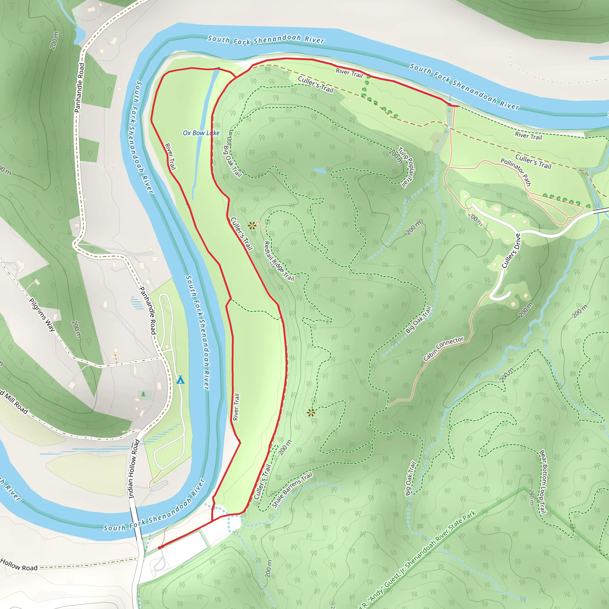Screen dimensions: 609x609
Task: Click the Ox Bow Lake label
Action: [x=201, y=133]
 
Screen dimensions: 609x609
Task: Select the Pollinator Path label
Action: [x=516, y=172]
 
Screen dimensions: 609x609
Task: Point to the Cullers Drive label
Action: [x=511, y=251]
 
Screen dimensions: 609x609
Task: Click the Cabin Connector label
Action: [x=443, y=349]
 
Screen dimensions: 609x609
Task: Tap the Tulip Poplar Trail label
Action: [x=406, y=167]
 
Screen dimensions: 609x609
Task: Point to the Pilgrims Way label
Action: [x=42, y=315]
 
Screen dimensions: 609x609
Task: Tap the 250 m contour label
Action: [x=531, y=497]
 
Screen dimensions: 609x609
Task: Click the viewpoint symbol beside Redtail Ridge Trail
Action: [x=252, y=225]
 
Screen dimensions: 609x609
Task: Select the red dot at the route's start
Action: [x=160, y=548]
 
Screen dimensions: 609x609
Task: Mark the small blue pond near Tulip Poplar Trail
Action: [x=320, y=170]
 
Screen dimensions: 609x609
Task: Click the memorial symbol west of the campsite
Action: [x=144, y=394]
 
